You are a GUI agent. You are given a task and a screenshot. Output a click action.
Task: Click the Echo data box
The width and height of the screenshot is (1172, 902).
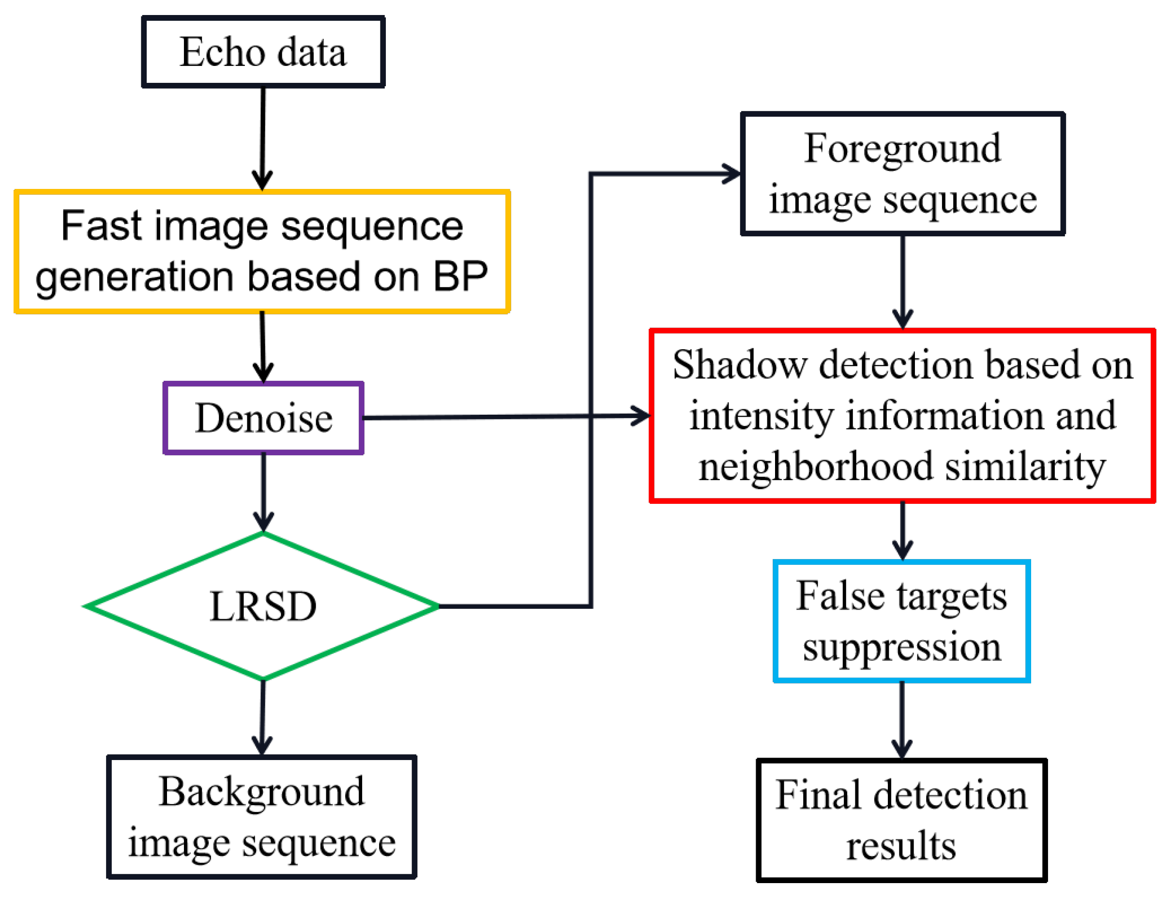[x=263, y=51]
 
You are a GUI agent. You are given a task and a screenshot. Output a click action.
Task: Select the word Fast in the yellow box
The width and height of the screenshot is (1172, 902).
[x=101, y=226]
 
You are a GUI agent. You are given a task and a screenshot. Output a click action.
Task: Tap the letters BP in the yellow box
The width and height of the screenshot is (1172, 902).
[x=460, y=277]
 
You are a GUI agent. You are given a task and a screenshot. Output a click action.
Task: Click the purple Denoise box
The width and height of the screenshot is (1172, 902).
[x=263, y=418]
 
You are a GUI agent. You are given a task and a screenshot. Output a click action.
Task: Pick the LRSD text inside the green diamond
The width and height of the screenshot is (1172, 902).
[x=263, y=607]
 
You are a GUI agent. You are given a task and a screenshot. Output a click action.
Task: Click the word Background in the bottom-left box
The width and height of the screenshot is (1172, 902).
[x=262, y=792]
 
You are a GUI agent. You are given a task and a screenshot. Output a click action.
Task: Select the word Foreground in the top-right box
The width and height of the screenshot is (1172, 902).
[x=902, y=148]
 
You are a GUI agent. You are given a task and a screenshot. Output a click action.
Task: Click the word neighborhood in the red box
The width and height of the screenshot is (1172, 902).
[x=815, y=467]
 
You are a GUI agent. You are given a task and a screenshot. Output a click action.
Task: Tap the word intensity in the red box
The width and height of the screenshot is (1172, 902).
[x=761, y=416]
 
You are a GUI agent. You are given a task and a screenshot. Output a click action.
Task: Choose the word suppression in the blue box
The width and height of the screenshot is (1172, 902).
[x=902, y=647]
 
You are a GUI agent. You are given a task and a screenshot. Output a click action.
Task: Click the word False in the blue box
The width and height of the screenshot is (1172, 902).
[x=839, y=596]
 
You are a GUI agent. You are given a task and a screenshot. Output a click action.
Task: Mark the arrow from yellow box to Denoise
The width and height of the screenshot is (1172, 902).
[x=262, y=346]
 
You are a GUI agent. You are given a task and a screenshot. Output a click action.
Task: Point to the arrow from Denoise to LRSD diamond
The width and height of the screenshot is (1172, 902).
[x=263, y=491]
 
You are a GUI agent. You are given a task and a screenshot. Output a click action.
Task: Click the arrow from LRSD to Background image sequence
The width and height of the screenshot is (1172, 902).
[x=262, y=717]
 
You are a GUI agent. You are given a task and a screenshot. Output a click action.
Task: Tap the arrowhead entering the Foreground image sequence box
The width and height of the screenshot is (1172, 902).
[x=731, y=173]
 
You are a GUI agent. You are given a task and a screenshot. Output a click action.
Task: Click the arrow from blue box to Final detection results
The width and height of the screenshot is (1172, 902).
[x=902, y=719]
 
